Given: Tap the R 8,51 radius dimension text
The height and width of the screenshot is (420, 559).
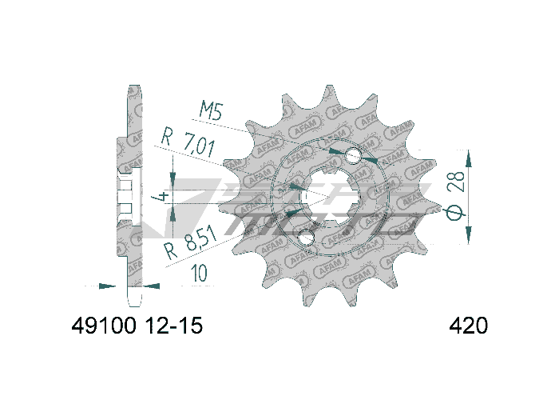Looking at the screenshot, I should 189,247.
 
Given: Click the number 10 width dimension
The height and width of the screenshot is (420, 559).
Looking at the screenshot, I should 199,273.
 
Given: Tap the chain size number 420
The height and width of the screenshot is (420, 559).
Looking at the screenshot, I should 469,326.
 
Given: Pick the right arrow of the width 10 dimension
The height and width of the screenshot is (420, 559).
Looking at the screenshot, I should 150,285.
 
